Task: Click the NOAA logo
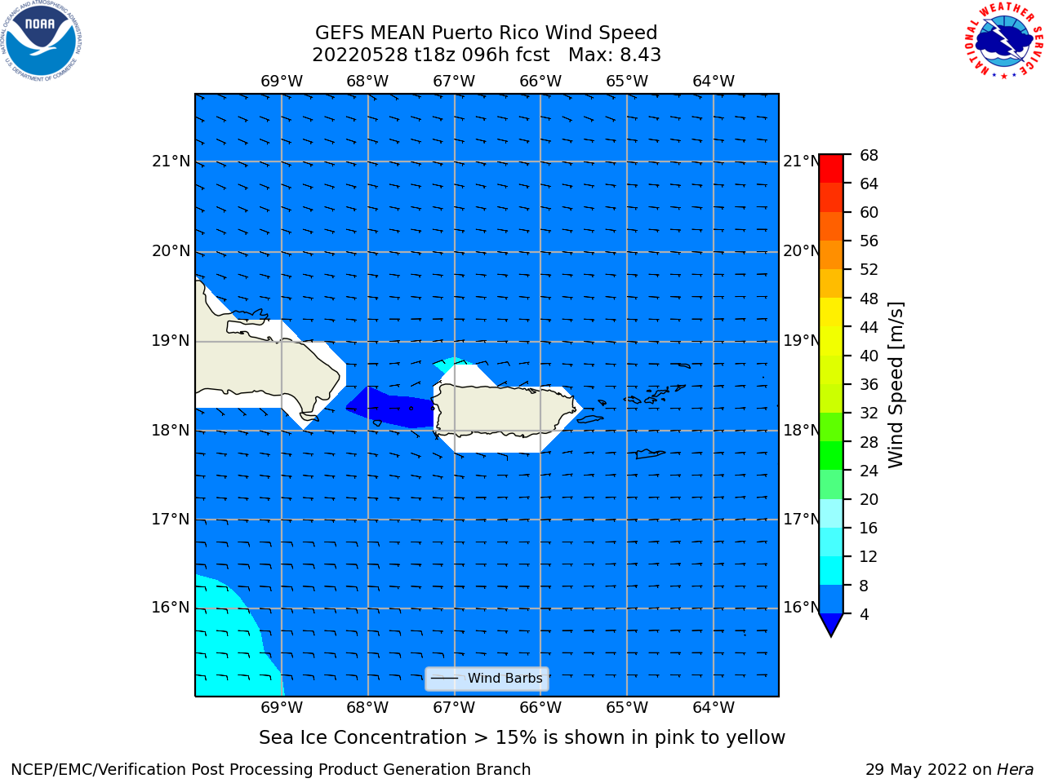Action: (42, 41)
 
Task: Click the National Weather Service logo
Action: (1003, 40)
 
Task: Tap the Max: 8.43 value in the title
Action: (615, 55)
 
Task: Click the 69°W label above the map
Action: (282, 81)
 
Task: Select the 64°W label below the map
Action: (714, 707)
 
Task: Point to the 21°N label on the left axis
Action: (171, 161)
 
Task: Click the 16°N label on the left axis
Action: (171, 608)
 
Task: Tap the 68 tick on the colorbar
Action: (869, 155)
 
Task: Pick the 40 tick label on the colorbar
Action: (869, 356)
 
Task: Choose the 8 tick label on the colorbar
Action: (864, 586)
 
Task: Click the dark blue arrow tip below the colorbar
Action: (831, 635)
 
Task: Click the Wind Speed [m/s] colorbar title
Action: (896, 385)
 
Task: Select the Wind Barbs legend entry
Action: (487, 679)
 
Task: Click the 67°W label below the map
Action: (454, 707)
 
